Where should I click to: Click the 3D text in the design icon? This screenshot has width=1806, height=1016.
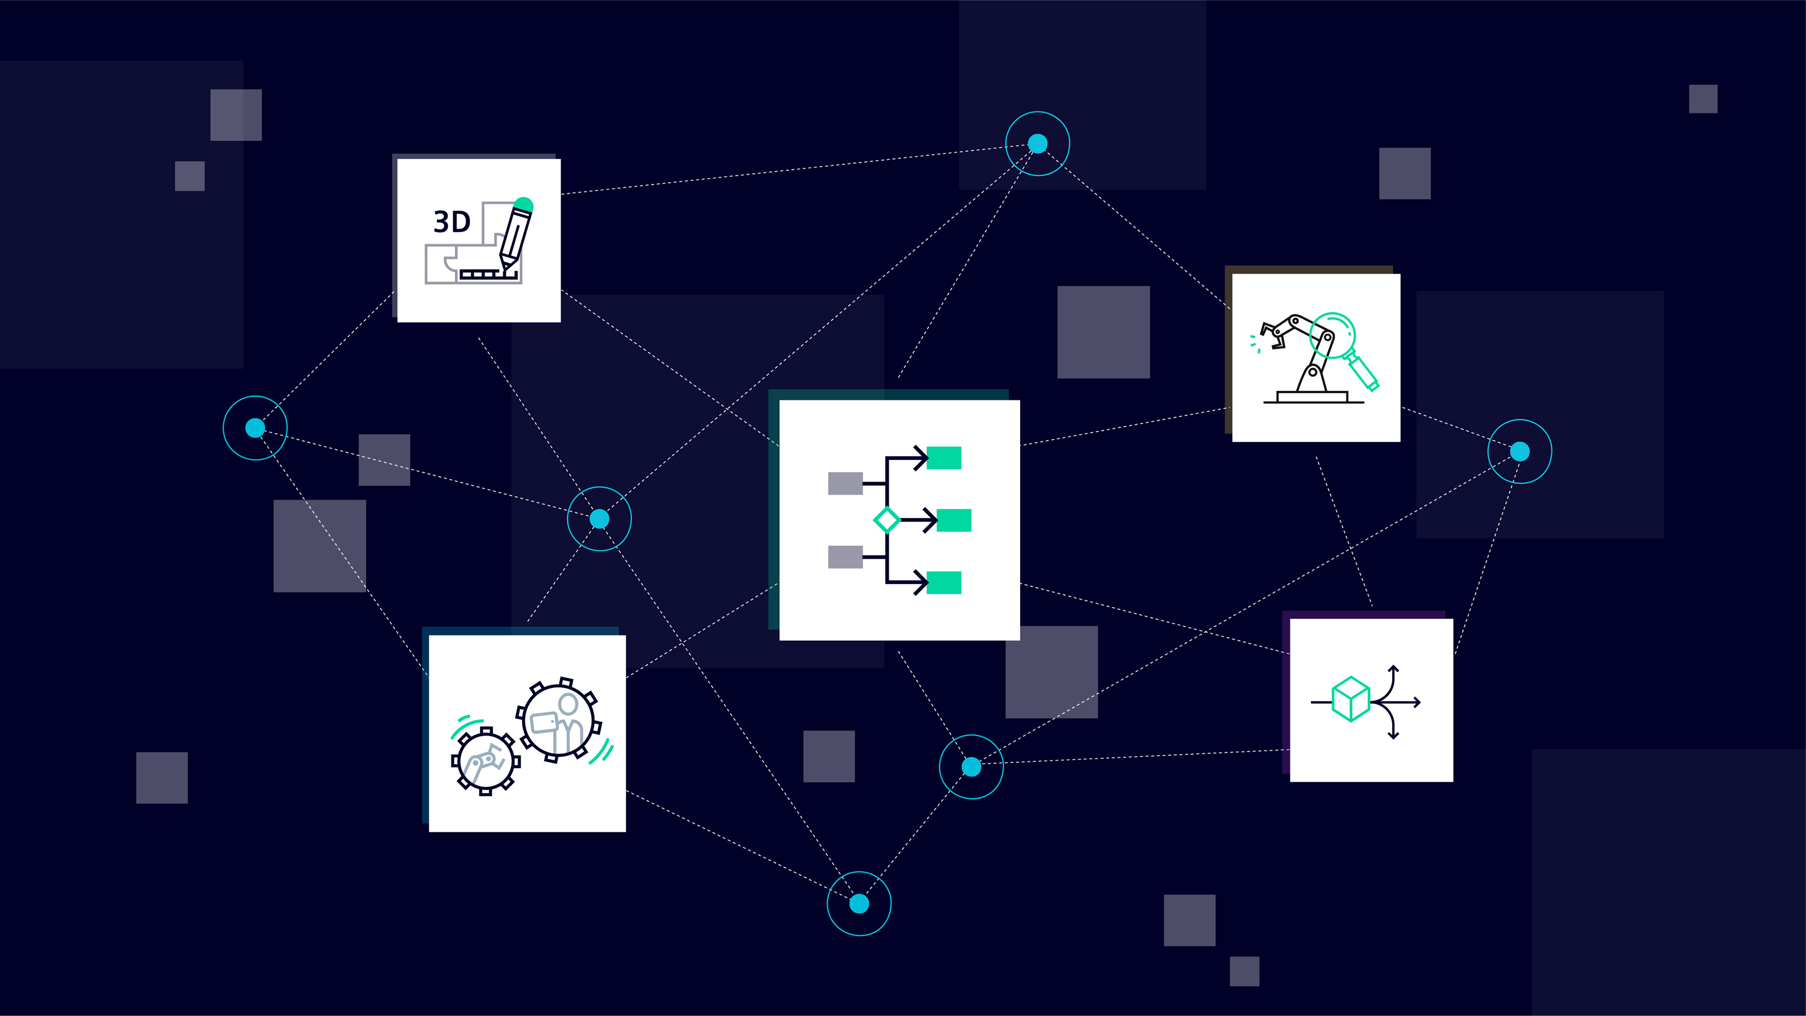pos(451,222)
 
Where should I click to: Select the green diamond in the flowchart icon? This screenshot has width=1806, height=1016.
pos(886,520)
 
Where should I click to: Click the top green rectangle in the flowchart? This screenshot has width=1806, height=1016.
pos(943,458)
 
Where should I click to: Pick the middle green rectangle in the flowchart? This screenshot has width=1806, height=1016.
pos(953,520)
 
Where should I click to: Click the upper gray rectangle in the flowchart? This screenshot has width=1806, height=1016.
pos(845,483)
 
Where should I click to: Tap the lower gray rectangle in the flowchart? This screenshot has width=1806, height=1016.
pos(845,557)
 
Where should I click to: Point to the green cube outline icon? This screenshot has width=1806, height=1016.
pos(1350,699)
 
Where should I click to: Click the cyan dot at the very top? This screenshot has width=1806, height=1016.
pos(1038,144)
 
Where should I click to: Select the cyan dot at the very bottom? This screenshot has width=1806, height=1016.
pos(859,904)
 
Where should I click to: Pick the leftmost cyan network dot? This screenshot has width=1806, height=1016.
pos(255,428)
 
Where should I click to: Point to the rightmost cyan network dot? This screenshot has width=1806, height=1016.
pos(1519,452)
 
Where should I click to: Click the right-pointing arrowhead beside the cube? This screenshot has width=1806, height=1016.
pos(1417,702)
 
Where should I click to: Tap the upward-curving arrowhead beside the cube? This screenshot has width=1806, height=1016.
pos(1394,670)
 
